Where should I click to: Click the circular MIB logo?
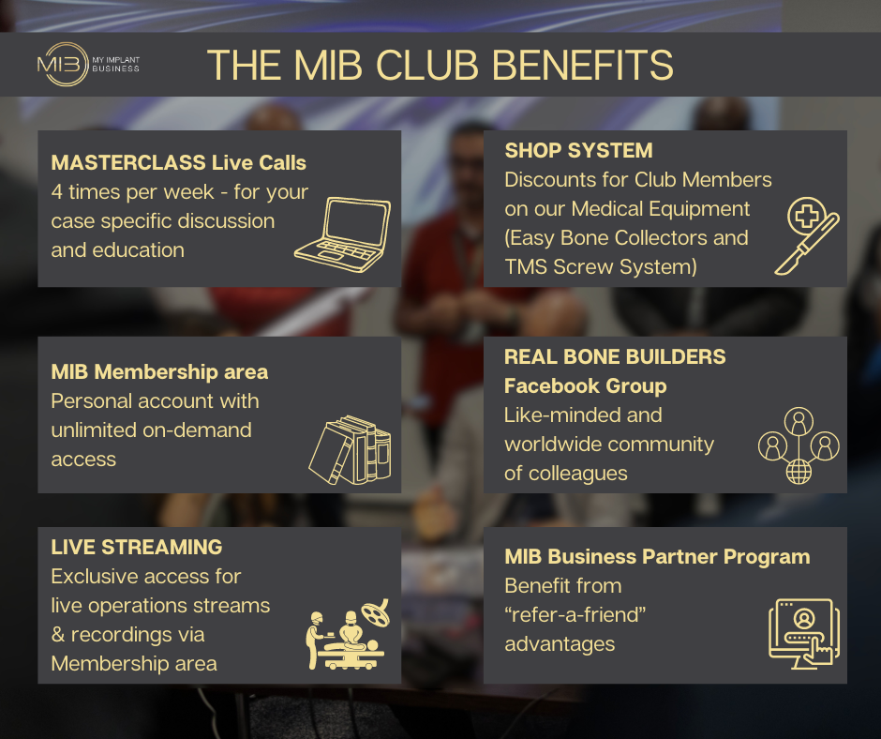click(x=63, y=65)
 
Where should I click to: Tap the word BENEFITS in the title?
click(x=583, y=66)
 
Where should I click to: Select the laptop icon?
click(x=342, y=234)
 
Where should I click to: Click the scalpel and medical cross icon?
click(x=807, y=235)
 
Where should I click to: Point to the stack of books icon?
click(x=350, y=450)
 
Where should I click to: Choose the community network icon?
click(x=799, y=445)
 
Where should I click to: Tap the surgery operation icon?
click(x=347, y=634)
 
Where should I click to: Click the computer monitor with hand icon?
click(x=804, y=634)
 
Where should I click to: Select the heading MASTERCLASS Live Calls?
click(x=179, y=162)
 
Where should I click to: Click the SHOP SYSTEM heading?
click(x=578, y=150)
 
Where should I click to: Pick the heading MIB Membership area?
click(x=159, y=371)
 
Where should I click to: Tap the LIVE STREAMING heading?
click(x=137, y=547)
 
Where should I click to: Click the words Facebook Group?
click(x=586, y=385)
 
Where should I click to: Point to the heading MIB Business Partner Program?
click(x=657, y=556)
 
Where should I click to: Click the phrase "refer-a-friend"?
click(x=575, y=614)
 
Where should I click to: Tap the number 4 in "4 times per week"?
click(x=57, y=191)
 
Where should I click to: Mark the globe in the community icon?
click(x=799, y=472)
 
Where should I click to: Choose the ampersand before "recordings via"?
click(x=58, y=634)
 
